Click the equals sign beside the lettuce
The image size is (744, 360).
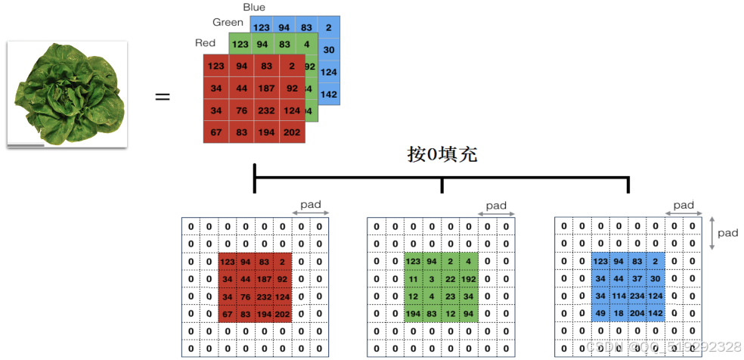pos(163,97)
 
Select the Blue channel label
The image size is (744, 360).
pos(254,8)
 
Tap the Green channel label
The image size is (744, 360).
pos(228,23)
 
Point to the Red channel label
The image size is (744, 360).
pos(205,43)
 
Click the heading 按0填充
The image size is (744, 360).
pos(442,154)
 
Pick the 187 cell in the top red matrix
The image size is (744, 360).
pos(266,88)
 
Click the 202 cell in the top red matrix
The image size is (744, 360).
pos(291,132)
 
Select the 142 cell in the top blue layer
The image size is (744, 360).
pos(328,95)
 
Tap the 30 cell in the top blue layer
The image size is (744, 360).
pos(328,51)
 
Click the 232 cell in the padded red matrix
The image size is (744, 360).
pos(264,296)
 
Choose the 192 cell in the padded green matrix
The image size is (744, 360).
pos(469,278)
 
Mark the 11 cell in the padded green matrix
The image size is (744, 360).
pos(413,278)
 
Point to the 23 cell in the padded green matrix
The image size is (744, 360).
pos(450,296)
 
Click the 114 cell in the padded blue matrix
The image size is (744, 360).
pos(618,296)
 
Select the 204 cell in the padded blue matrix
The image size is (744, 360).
pos(637,313)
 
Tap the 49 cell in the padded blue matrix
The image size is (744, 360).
pos(600,313)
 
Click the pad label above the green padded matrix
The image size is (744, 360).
pos(496,206)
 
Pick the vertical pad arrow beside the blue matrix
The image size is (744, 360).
pos(711,234)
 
